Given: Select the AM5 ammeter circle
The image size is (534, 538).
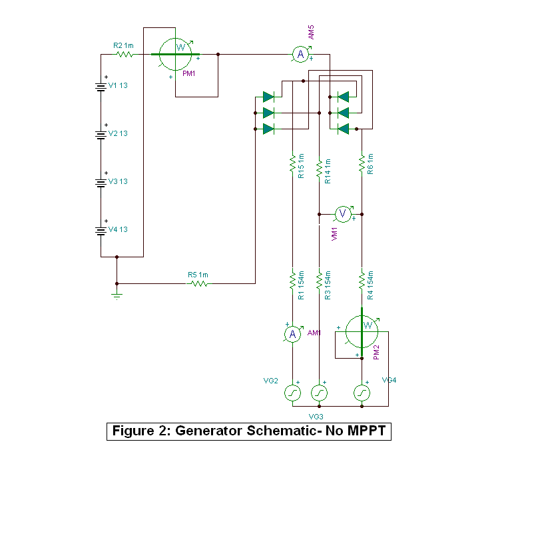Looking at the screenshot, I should point(300,54).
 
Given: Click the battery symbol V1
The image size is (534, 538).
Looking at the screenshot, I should point(101,86).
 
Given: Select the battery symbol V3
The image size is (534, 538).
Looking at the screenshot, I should point(101,182).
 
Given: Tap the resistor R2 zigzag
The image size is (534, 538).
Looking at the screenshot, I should point(125,55).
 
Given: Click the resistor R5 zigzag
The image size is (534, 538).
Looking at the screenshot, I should point(199,283).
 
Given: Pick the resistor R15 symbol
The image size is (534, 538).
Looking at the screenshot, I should point(292,163).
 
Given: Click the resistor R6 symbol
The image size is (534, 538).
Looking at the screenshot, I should point(362,163).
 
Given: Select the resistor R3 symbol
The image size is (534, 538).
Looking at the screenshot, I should point(320,278).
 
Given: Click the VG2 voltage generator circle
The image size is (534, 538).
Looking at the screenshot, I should point(292,393).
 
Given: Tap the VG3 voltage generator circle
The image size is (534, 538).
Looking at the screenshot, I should point(320,393).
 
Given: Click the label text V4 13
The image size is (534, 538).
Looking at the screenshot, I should point(118,230).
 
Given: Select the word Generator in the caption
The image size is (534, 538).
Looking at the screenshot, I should point(207,431).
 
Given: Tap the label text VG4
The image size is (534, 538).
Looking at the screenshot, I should point(390,380).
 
